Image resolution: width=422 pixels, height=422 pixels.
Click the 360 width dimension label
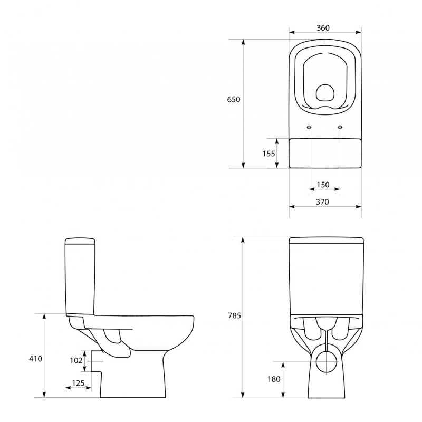[x=324, y=28]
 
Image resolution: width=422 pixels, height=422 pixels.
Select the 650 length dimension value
[x=234, y=100]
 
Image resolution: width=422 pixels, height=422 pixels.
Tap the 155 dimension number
[x=269, y=154]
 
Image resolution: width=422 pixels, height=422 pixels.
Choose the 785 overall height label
[x=234, y=316]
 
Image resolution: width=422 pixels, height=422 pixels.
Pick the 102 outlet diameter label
[x=76, y=360]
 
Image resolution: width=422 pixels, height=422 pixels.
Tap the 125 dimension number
[x=78, y=383]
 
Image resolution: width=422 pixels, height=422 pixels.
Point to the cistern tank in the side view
[x=81, y=277]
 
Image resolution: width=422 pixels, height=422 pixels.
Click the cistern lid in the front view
[x=325, y=242]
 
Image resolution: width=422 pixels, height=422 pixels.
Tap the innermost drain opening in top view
[x=325, y=95]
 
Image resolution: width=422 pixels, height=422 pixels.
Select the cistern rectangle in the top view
[x=325, y=152]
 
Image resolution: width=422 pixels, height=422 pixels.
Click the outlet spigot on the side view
[x=95, y=360]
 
